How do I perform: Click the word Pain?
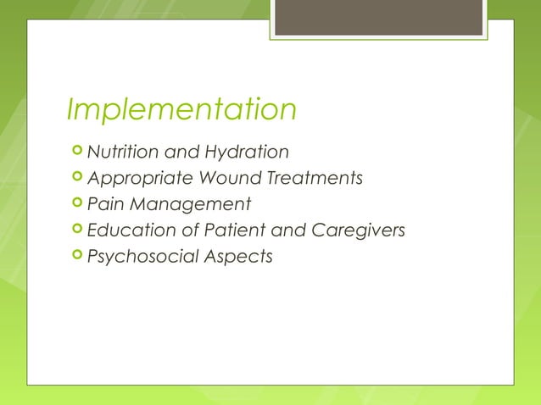106,204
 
